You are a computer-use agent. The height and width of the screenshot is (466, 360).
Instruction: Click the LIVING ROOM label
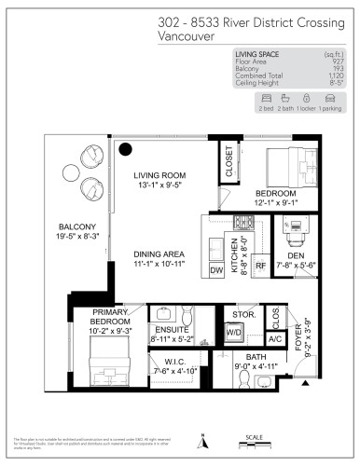(x=159, y=175)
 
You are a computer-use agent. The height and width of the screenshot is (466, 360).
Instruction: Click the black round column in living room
(x=125, y=148)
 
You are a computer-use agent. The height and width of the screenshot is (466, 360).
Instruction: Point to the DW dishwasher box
(x=216, y=270)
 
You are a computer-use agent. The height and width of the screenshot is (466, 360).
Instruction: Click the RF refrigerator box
(x=262, y=266)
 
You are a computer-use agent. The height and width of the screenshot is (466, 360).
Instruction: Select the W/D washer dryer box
(x=234, y=334)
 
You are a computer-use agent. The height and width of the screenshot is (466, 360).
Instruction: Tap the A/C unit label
(x=273, y=340)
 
